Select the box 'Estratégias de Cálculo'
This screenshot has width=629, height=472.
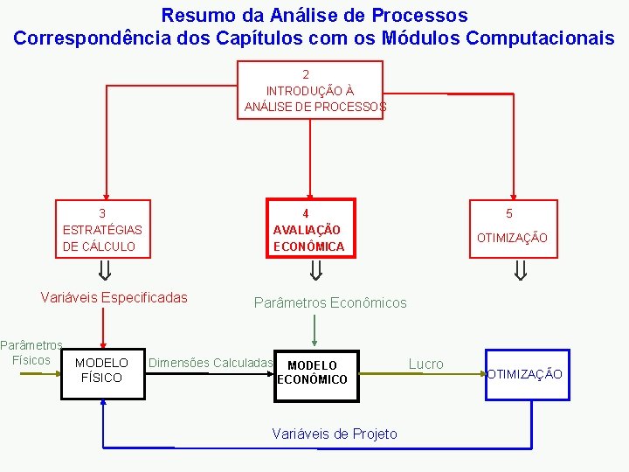point(102,229)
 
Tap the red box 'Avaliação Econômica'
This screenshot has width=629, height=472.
point(310,230)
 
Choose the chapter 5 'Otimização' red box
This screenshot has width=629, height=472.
point(512,229)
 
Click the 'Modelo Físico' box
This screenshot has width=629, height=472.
point(102,370)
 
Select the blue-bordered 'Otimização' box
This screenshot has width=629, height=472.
point(526,374)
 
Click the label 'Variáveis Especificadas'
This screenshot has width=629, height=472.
point(114,297)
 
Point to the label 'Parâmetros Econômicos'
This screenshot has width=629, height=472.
point(330,302)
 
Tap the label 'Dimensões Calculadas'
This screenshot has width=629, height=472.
point(211,363)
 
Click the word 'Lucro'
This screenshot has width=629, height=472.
point(426,364)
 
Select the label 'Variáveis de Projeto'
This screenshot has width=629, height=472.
point(335,434)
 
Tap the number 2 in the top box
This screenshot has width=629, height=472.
point(306,74)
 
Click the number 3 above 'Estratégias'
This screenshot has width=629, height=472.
point(102,213)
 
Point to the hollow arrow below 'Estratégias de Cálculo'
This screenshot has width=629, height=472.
point(103,270)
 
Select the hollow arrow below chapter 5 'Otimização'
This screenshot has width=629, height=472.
point(521,270)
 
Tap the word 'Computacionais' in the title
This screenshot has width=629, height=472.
point(540,38)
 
